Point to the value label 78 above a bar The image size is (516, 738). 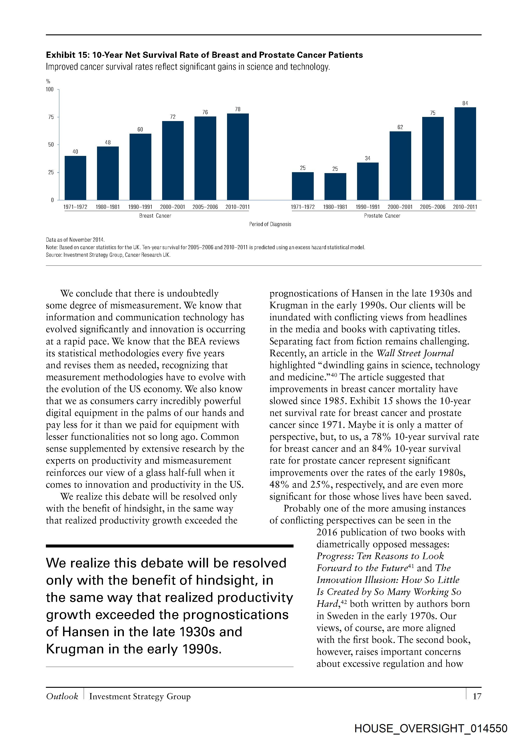tap(238, 109)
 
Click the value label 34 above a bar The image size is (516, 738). tap(367, 158)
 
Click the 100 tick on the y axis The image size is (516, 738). tap(50, 89)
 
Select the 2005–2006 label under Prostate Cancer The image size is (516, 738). tap(433, 207)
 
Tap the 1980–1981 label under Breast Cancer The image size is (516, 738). tap(108, 207)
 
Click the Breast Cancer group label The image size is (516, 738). tap(155, 216)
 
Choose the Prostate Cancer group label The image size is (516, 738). tap(382, 216)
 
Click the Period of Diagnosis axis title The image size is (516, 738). tap(270, 224)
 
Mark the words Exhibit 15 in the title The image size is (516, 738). tap(67, 55)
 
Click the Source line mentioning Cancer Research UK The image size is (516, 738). tap(108, 255)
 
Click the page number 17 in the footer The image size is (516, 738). tap(477, 696)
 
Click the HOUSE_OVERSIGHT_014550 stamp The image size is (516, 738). tap(431, 728)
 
